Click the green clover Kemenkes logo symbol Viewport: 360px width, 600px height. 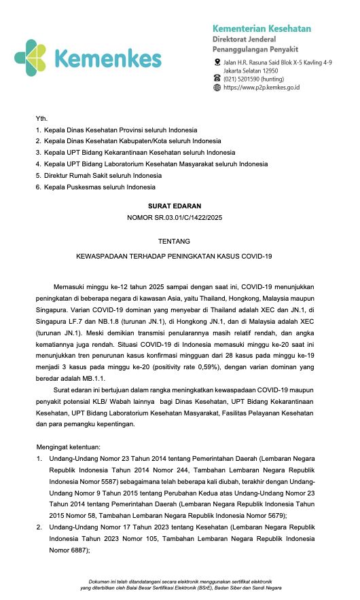[x=31, y=58]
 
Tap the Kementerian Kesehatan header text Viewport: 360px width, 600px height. [x=262, y=29]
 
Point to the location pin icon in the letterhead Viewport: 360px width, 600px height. [x=217, y=62]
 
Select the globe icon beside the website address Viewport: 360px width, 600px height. [x=217, y=87]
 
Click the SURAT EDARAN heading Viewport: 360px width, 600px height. [x=179, y=204]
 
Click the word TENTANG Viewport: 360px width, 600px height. [x=179, y=241]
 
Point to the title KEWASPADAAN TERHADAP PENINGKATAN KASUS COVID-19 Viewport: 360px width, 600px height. [x=179, y=256]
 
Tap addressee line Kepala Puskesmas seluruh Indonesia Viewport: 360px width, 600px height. [x=100, y=187]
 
